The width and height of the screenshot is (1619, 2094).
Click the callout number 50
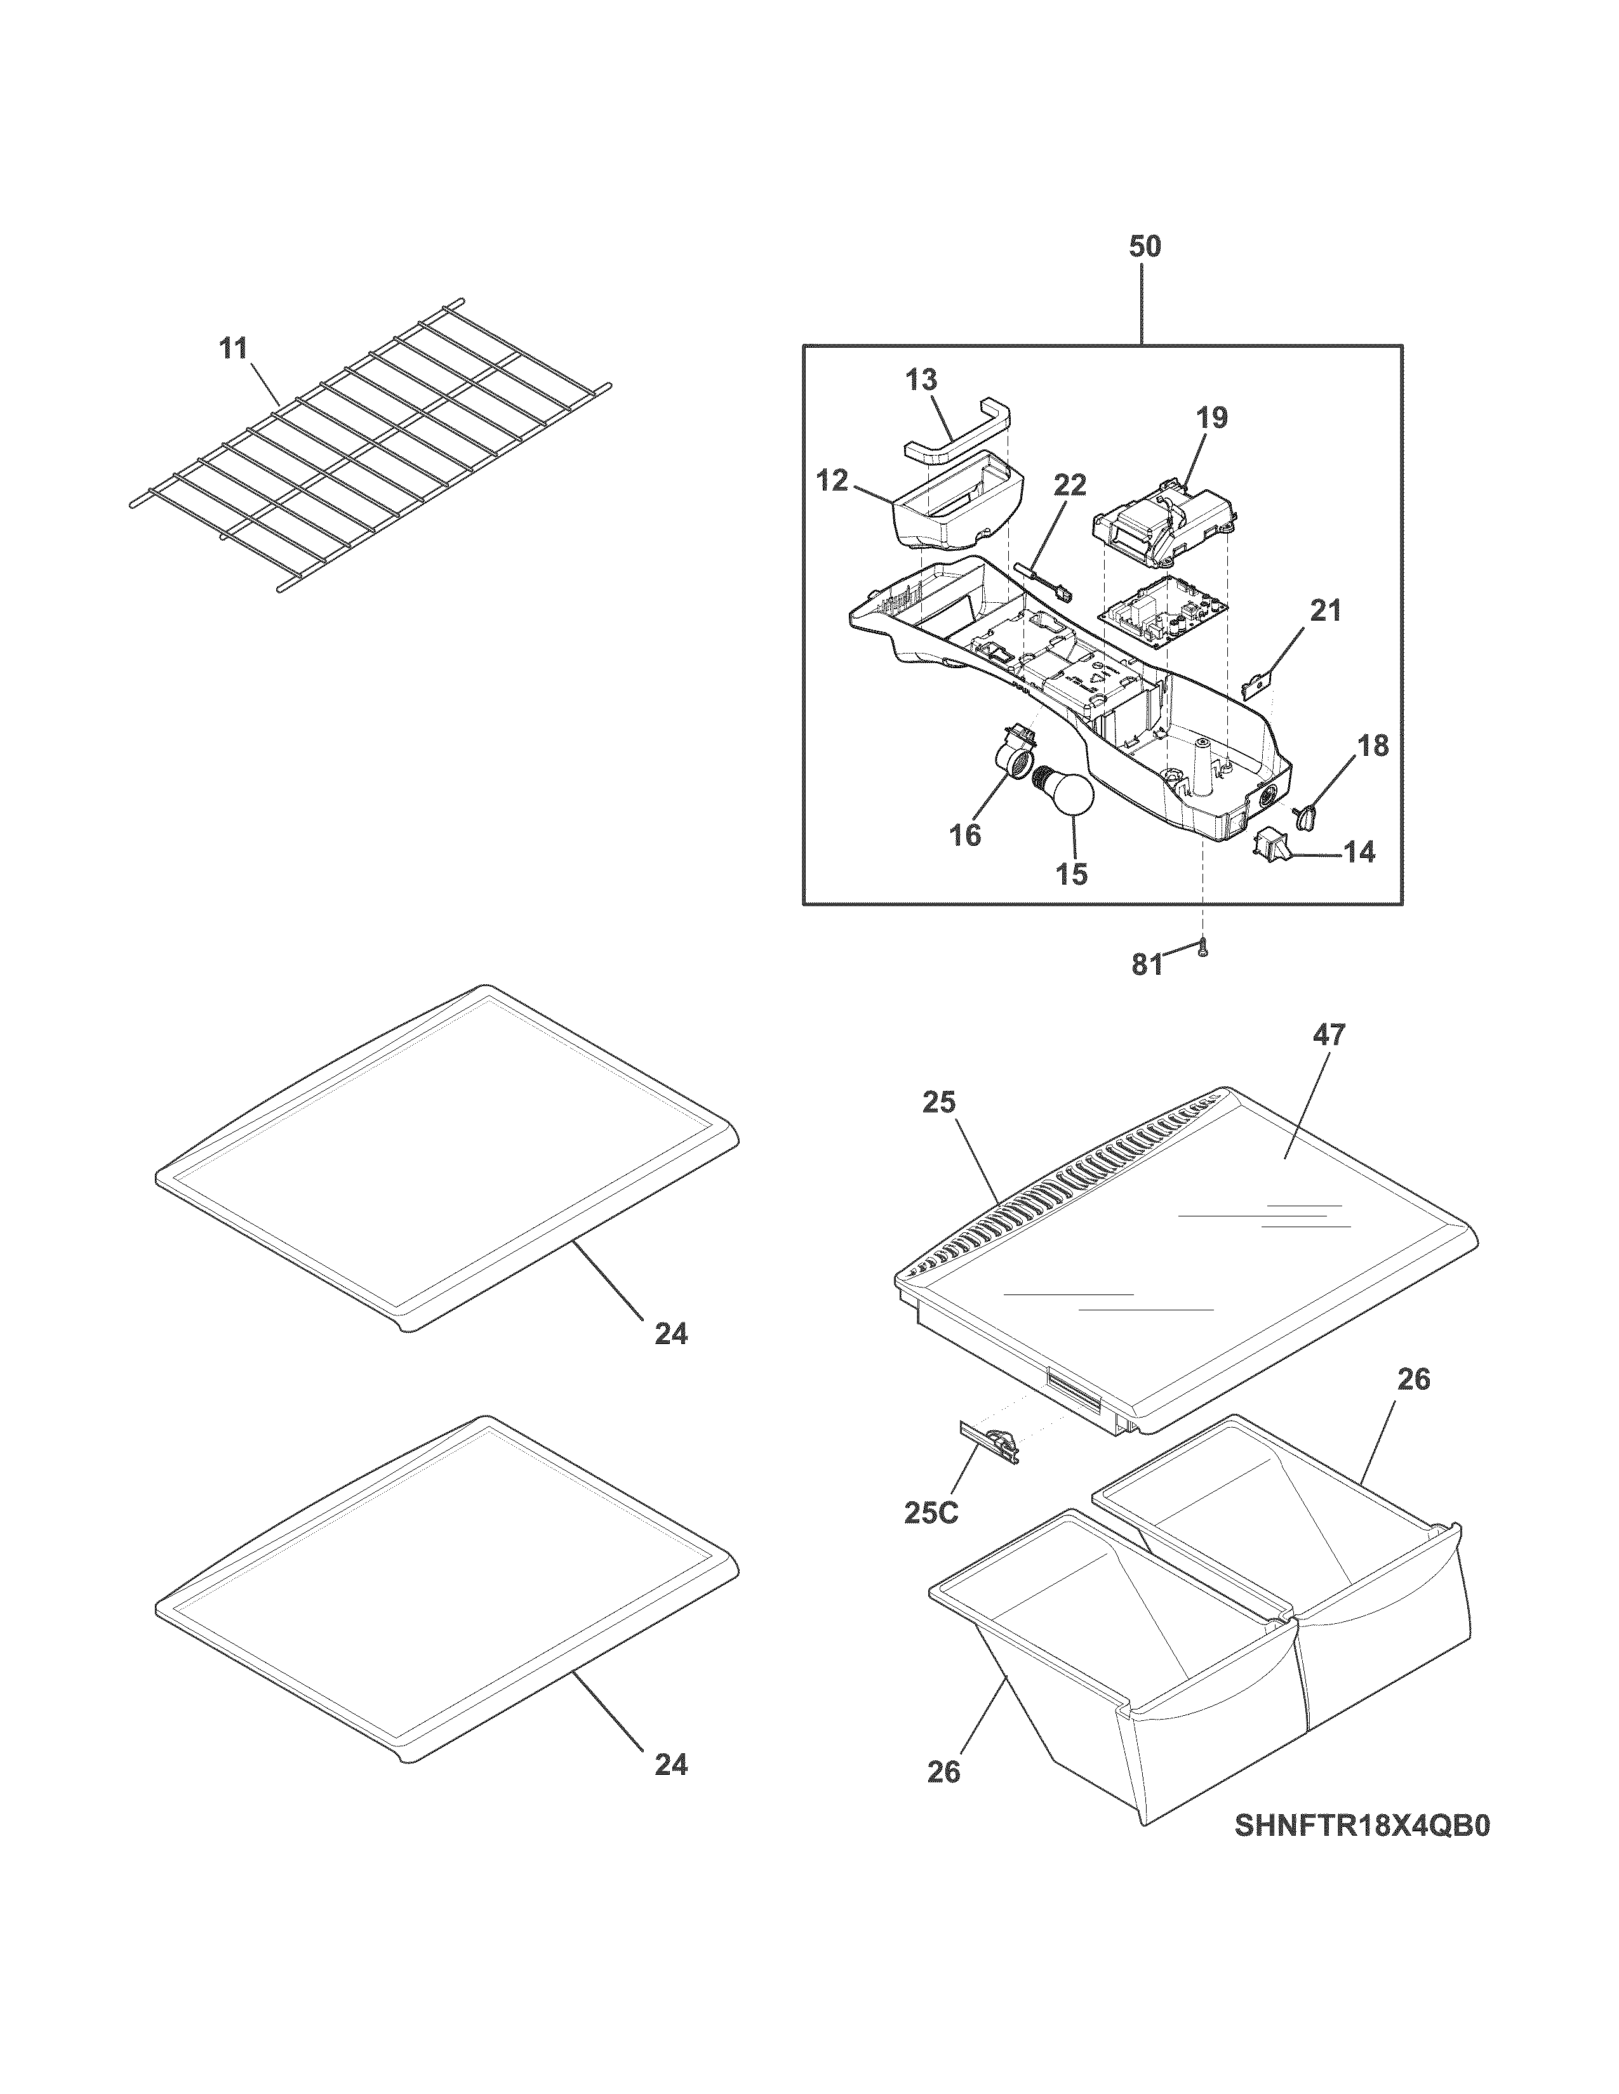[x=1144, y=247]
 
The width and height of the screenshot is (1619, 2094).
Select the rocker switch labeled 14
[x=1272, y=843]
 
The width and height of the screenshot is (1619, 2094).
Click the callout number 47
[x=1329, y=1034]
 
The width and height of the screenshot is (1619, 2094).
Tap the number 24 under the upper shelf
[x=671, y=1333]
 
